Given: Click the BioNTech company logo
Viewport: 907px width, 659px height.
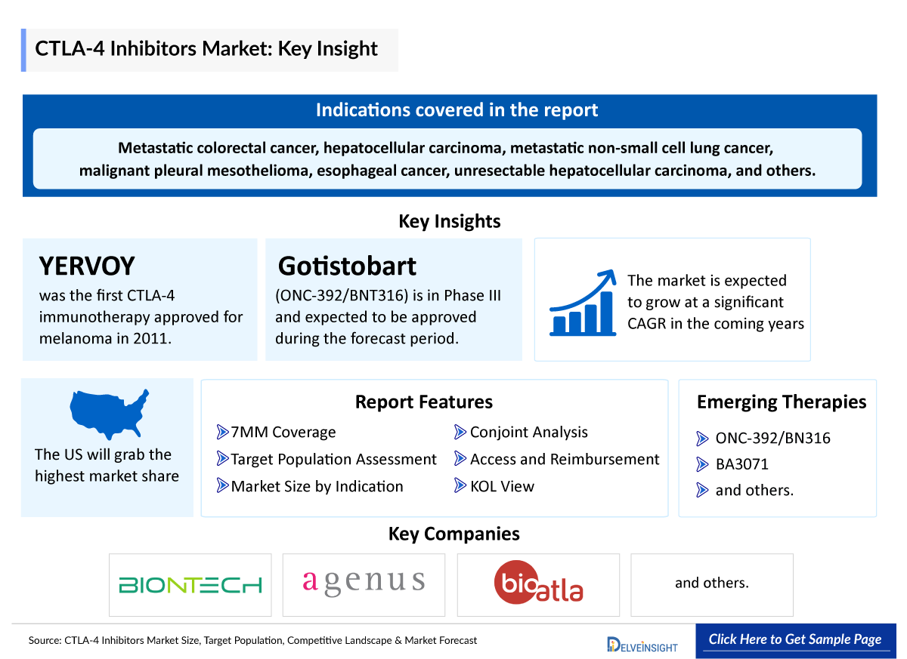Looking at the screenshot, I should (190, 585).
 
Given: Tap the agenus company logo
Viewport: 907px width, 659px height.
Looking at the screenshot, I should (364, 582).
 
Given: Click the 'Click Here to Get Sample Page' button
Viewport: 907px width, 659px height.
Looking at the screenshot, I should (794, 639).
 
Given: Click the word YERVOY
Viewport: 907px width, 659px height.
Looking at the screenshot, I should (87, 266).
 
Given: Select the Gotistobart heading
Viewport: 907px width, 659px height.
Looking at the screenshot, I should (347, 266).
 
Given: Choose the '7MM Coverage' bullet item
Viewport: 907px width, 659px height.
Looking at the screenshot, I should (283, 433).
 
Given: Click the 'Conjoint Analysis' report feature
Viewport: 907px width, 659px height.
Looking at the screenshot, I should (528, 433).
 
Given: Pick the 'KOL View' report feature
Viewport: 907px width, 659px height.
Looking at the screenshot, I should (501, 487).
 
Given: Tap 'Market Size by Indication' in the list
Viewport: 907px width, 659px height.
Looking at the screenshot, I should (317, 487).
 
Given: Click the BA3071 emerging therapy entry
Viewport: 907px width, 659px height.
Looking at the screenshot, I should (741, 464).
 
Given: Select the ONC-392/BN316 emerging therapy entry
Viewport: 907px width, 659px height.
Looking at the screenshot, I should (772, 439).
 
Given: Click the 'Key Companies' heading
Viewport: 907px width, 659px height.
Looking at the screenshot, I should (453, 534).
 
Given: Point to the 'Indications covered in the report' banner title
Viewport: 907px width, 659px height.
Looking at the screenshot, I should (457, 110).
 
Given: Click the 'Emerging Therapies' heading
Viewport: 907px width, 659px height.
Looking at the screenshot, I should (781, 402).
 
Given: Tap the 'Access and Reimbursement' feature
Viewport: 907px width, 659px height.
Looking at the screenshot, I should (564, 460).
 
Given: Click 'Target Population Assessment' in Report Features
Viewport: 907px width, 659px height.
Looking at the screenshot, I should (333, 460).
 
